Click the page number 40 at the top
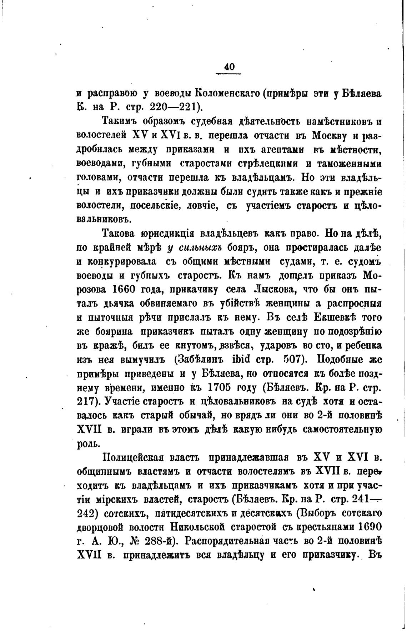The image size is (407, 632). coord(228,67)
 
